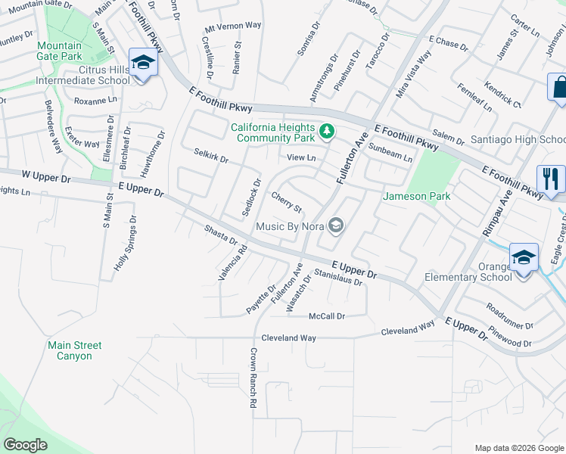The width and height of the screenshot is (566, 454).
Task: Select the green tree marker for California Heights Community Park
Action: coord(327,132)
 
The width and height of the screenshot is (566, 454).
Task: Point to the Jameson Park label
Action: coord(417,196)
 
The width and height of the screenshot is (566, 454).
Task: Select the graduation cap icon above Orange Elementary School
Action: coord(524,257)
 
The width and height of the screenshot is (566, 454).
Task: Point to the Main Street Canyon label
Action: coord(75,350)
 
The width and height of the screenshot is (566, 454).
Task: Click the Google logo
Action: coord(26,445)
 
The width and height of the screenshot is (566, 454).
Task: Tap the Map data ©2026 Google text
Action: coord(518,447)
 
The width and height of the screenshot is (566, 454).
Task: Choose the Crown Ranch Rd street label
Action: coord(253,378)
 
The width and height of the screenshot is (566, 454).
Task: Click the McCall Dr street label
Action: coord(327,316)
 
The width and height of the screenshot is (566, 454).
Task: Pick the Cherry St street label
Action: coord(287,202)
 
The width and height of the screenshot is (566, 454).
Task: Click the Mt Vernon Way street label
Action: coord(233,25)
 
